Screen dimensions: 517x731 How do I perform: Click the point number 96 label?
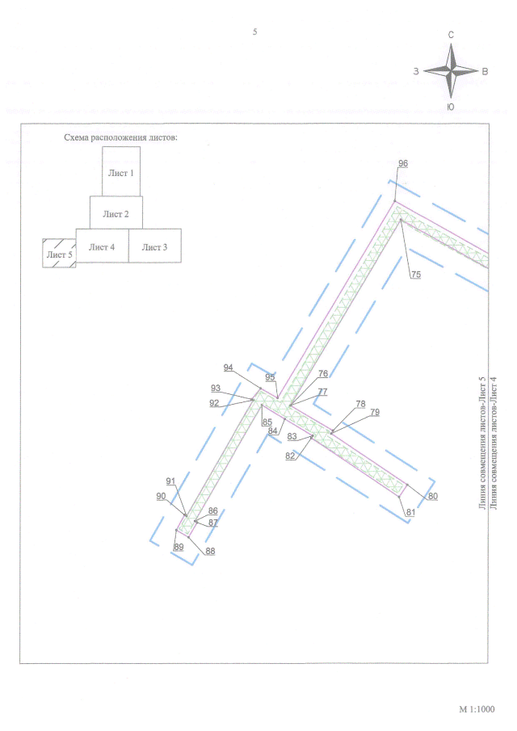403,163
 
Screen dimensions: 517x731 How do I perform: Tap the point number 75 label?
416,275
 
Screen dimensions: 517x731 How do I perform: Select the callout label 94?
228,368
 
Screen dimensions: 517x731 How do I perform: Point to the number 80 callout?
433,496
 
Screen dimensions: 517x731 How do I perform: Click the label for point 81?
410,512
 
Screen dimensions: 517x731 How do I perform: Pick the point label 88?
210,551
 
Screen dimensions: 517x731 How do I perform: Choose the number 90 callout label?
161,496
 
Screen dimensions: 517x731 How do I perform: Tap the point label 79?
375,412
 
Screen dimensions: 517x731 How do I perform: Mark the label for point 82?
290,456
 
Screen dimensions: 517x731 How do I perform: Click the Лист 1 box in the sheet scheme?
121,171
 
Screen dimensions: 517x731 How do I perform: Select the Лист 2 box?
116,212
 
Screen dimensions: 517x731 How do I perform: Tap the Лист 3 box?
155,246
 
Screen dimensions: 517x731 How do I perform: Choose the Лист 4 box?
102,246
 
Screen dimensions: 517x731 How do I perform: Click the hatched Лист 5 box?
59,253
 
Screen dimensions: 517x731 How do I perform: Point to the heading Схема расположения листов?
120,137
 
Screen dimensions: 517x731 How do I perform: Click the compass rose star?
451,71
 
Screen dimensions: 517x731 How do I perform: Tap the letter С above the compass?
451,35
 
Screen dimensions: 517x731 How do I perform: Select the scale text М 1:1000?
477,709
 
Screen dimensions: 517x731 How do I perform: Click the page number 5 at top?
255,32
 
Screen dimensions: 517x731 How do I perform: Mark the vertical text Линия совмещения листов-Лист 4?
494,443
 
